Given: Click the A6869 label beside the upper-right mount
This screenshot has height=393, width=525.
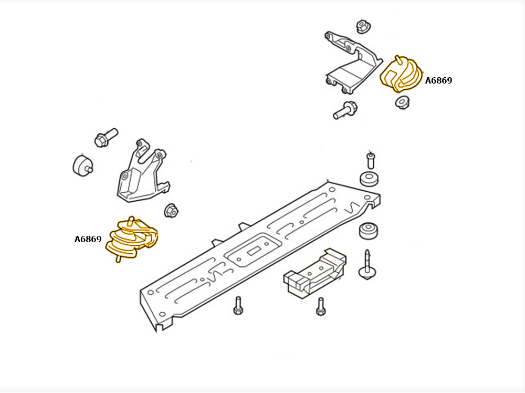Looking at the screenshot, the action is tap(438, 80).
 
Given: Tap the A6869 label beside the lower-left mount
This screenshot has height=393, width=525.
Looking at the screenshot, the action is tap(88, 239).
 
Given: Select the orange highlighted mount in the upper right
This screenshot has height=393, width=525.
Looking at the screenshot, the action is tap(401, 74).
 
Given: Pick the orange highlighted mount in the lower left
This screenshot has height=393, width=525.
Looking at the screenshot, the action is tap(131, 239).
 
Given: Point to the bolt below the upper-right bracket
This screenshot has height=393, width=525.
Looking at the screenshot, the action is tap(345, 110).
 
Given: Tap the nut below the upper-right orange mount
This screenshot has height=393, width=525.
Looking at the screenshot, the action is tap(402, 102).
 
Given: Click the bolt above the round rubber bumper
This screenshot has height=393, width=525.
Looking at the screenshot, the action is tap(106, 137).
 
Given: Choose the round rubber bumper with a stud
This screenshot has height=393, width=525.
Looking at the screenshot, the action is tap(82, 165).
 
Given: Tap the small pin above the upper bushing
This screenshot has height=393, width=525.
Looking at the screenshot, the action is tap(370, 160).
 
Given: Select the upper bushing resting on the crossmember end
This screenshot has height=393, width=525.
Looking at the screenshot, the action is tap(369, 179).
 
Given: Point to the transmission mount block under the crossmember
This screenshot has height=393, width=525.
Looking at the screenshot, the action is tap(314, 273).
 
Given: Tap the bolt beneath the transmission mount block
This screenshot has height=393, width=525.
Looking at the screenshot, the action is tap(321, 306).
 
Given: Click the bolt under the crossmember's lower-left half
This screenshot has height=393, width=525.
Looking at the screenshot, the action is tap(238, 306).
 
